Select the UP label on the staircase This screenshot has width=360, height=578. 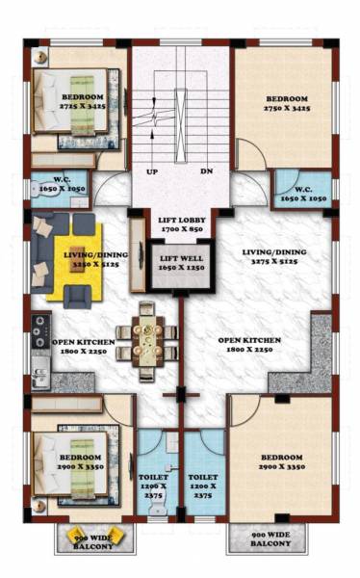[152, 172]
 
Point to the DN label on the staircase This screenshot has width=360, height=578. [205, 172]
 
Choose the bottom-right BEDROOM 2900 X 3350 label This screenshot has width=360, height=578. [281, 461]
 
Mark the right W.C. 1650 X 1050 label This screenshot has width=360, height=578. [301, 193]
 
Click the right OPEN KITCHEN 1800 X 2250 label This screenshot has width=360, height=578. [249, 346]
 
